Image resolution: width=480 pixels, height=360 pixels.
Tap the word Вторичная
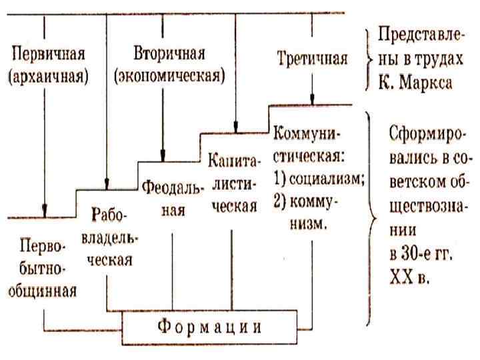[169, 53]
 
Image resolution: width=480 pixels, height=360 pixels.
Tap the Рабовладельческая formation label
[111, 237]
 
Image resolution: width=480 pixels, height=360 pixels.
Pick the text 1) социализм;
[317, 182]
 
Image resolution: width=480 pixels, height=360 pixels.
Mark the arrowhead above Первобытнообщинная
[45, 211]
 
